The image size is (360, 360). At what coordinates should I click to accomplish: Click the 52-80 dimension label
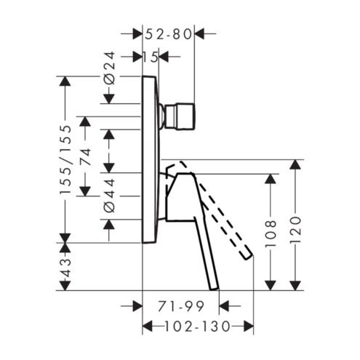[168, 34]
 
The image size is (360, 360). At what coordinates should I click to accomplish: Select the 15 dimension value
[151, 57]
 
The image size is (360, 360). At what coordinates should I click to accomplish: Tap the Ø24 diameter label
[109, 68]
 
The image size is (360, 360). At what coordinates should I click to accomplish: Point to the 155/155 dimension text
[66, 159]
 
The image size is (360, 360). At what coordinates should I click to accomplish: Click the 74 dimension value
[86, 157]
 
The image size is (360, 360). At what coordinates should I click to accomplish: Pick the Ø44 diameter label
[109, 196]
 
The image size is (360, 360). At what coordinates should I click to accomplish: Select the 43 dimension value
[65, 268]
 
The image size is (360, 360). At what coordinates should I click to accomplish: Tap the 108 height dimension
[271, 233]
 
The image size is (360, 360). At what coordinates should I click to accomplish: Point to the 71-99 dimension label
[181, 306]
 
